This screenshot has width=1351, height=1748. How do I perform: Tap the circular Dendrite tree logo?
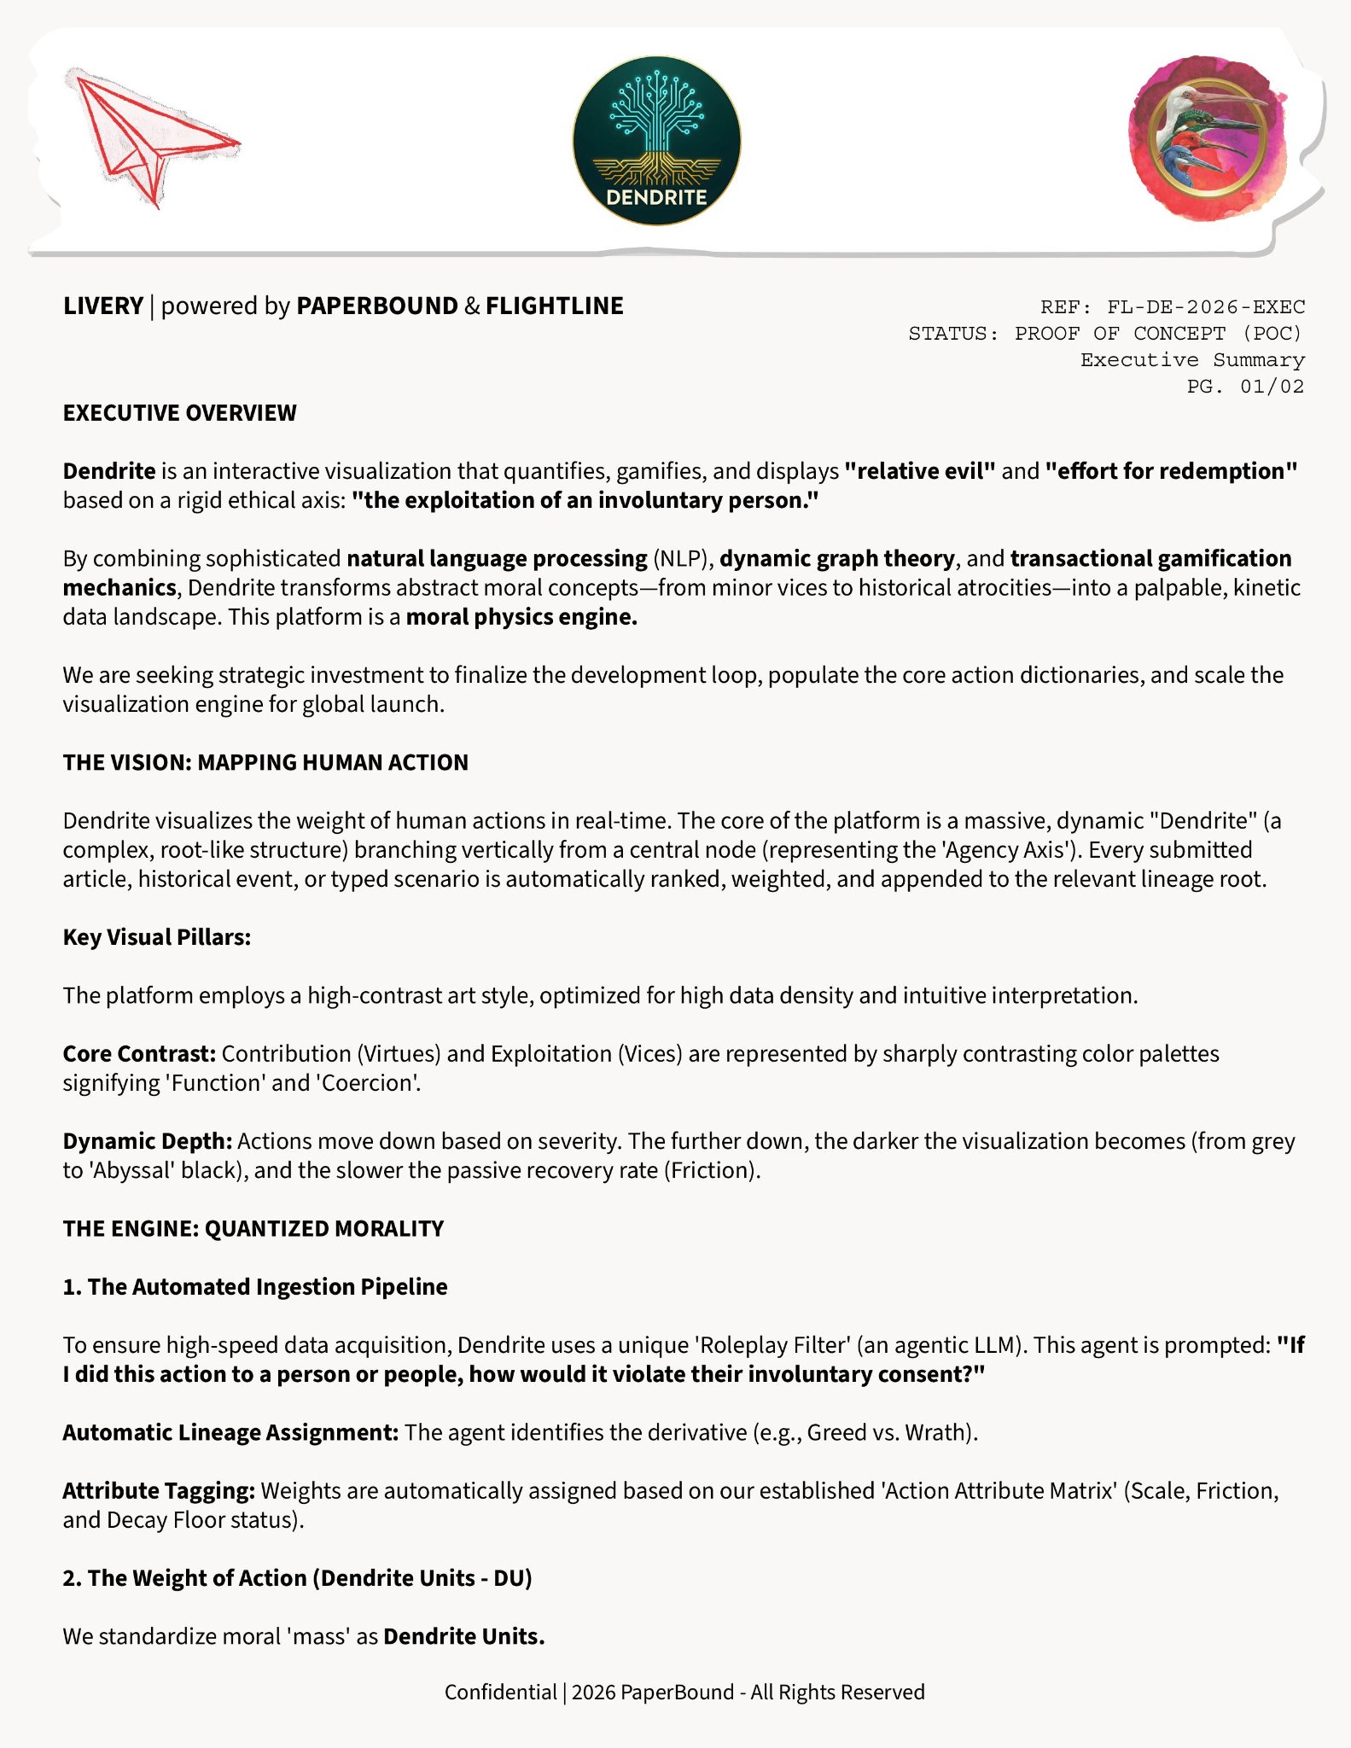pyautogui.click(x=656, y=141)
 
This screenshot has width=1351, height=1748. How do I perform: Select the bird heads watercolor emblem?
pyautogui.click(x=1208, y=138)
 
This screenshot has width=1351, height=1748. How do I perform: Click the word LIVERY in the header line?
pyautogui.click(x=103, y=306)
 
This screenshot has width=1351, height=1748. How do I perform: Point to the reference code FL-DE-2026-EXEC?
pyautogui.click(x=1205, y=307)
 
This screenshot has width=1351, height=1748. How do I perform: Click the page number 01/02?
pyautogui.click(x=1272, y=387)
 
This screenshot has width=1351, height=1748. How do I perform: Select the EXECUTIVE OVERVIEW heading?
pyautogui.click(x=179, y=413)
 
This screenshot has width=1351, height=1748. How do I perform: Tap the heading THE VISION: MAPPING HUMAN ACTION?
pyautogui.click(x=265, y=762)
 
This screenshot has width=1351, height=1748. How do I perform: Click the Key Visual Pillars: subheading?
pyautogui.click(x=157, y=937)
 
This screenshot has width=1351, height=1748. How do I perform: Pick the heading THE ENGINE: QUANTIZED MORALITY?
pyautogui.click(x=253, y=1228)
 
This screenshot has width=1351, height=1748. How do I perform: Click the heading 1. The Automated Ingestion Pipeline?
pyautogui.click(x=255, y=1286)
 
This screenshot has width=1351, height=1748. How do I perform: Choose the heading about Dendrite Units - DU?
pyautogui.click(x=297, y=1578)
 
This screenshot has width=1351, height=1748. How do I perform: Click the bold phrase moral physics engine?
pyautogui.click(x=521, y=617)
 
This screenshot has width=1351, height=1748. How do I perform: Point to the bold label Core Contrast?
pyautogui.click(x=139, y=1054)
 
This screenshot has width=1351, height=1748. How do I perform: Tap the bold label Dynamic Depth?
pyautogui.click(x=147, y=1141)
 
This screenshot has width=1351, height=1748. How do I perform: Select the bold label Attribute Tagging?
pyautogui.click(x=159, y=1491)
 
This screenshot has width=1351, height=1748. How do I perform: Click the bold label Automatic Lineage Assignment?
pyautogui.click(x=230, y=1432)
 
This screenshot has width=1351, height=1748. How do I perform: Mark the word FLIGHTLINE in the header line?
pyautogui.click(x=555, y=306)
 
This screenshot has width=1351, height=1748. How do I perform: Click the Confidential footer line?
pyautogui.click(x=684, y=1692)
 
